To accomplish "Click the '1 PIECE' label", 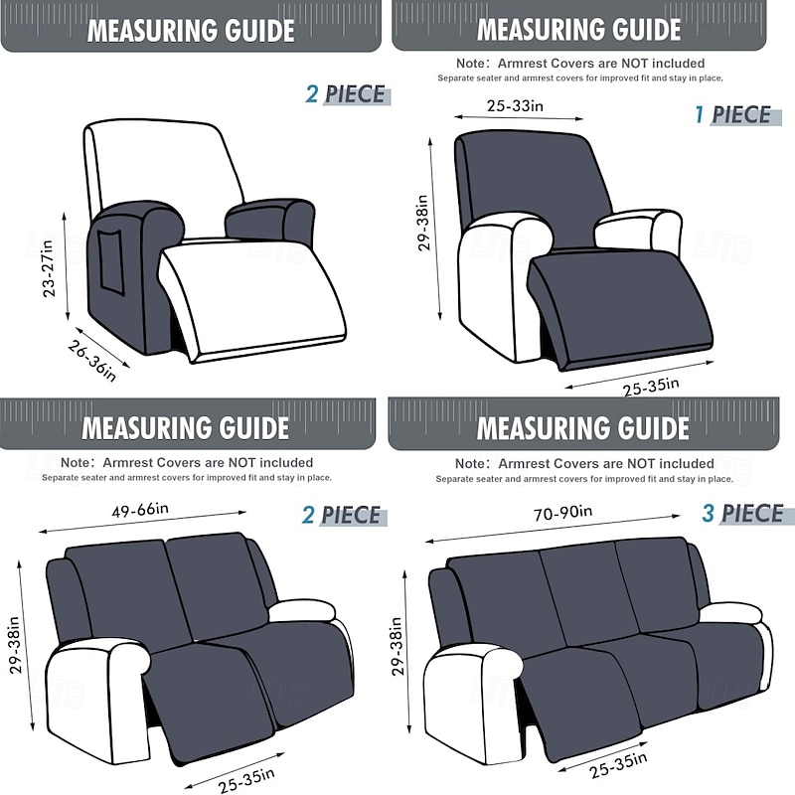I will pyautogui.click(x=733, y=114).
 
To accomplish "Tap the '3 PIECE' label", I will pyautogui.click(x=742, y=514).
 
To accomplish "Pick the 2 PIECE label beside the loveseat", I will pyautogui.click(x=342, y=515).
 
